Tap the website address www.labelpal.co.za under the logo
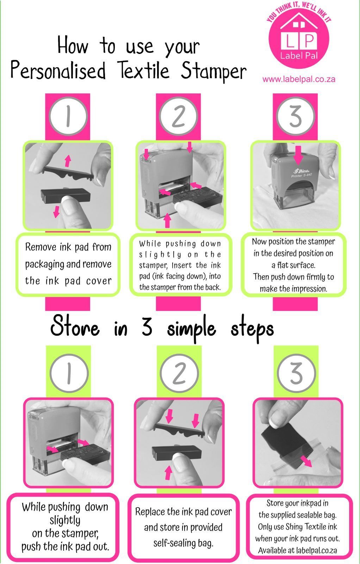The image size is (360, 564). [299, 80]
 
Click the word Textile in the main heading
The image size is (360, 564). [143, 70]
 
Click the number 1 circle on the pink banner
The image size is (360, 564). [68, 116]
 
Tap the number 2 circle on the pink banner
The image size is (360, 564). [178, 116]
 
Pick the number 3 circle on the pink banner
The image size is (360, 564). [295, 116]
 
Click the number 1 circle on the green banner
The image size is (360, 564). [69, 373]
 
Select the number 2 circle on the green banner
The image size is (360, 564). [179, 373]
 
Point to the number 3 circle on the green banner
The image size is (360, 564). [296, 373]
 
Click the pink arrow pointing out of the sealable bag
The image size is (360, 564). [306, 460]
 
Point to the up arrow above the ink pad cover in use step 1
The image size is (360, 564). [68, 161]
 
